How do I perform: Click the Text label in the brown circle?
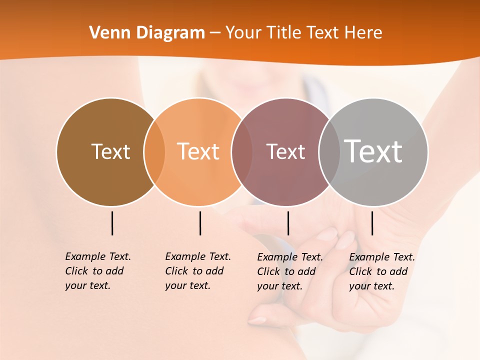pyautogui.click(x=110, y=151)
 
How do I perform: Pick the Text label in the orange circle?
pyautogui.click(x=198, y=151)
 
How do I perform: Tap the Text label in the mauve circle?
pyautogui.click(x=285, y=151)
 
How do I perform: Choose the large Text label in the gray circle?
pyautogui.click(x=373, y=151)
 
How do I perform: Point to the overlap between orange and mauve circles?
pyautogui.click(x=242, y=151)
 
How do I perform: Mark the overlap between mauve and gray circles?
pyautogui.click(x=329, y=151)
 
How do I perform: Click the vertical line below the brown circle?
pyautogui.click(x=112, y=223)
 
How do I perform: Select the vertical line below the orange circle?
pyautogui.click(x=200, y=223)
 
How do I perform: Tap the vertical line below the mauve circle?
pyautogui.click(x=288, y=223)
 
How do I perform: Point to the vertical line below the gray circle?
pyautogui.click(x=372, y=223)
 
